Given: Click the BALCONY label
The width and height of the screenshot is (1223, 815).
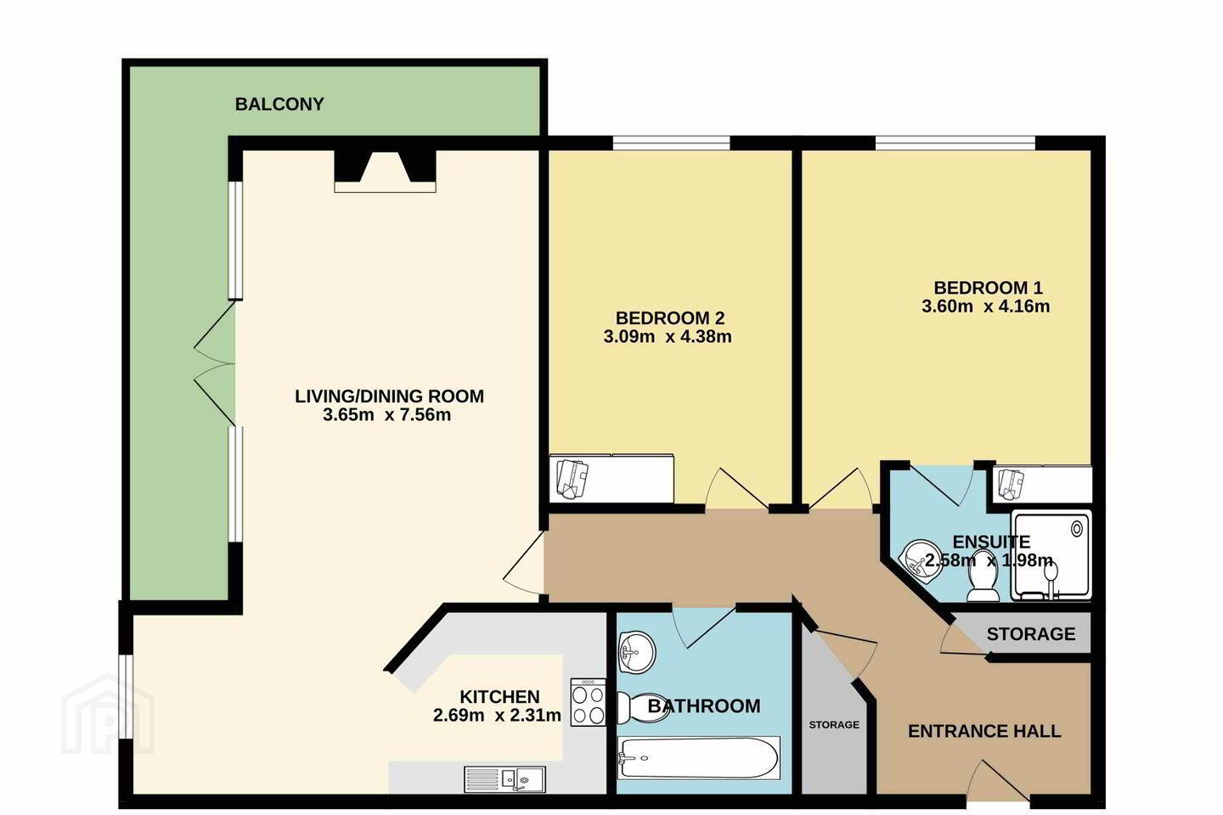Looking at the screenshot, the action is pos(279,104).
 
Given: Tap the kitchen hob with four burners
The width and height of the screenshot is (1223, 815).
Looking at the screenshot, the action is pos(588,702).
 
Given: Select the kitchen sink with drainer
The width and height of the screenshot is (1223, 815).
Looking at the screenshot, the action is pos(505,779).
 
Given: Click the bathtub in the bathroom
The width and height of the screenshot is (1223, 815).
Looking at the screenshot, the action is pos(698,757).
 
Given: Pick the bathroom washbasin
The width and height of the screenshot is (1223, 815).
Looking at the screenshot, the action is pos(636,652).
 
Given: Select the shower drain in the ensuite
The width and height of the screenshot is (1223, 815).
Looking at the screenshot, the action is pos(1077,528).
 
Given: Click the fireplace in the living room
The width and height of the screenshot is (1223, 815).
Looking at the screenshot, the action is pos(385,171).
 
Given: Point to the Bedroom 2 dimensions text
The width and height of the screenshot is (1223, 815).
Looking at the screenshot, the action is pos(668,337).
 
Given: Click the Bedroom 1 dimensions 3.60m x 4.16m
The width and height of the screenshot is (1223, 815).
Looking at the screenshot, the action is pos(985,306).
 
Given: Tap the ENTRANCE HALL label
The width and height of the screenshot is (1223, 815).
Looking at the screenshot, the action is pos(984,731).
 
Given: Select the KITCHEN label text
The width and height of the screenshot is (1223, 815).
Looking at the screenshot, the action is pos(499,696).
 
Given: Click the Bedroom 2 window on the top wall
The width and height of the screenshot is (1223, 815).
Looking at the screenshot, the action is pos(671,143).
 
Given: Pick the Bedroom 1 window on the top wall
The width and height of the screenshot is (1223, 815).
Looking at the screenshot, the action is pos(955,143).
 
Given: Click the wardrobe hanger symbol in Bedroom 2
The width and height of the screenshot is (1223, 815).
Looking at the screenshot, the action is pos(572,480).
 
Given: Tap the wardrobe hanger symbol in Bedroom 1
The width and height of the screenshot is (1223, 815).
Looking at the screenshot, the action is pos(1012,485).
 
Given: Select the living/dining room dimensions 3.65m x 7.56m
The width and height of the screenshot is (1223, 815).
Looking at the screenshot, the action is pos(386,415).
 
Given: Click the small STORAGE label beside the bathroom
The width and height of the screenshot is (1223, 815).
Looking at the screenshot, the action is pos(834,724).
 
